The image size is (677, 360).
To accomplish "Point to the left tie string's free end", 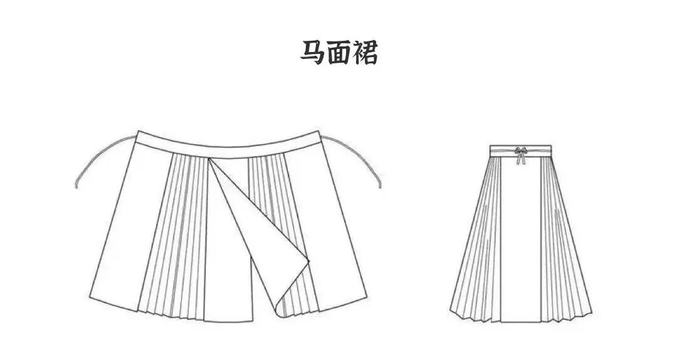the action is pyautogui.click(x=76, y=186).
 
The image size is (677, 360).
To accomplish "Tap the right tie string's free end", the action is pyautogui.click(x=380, y=186).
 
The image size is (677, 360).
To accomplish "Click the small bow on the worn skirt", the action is pyautogui.click(x=520, y=151).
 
